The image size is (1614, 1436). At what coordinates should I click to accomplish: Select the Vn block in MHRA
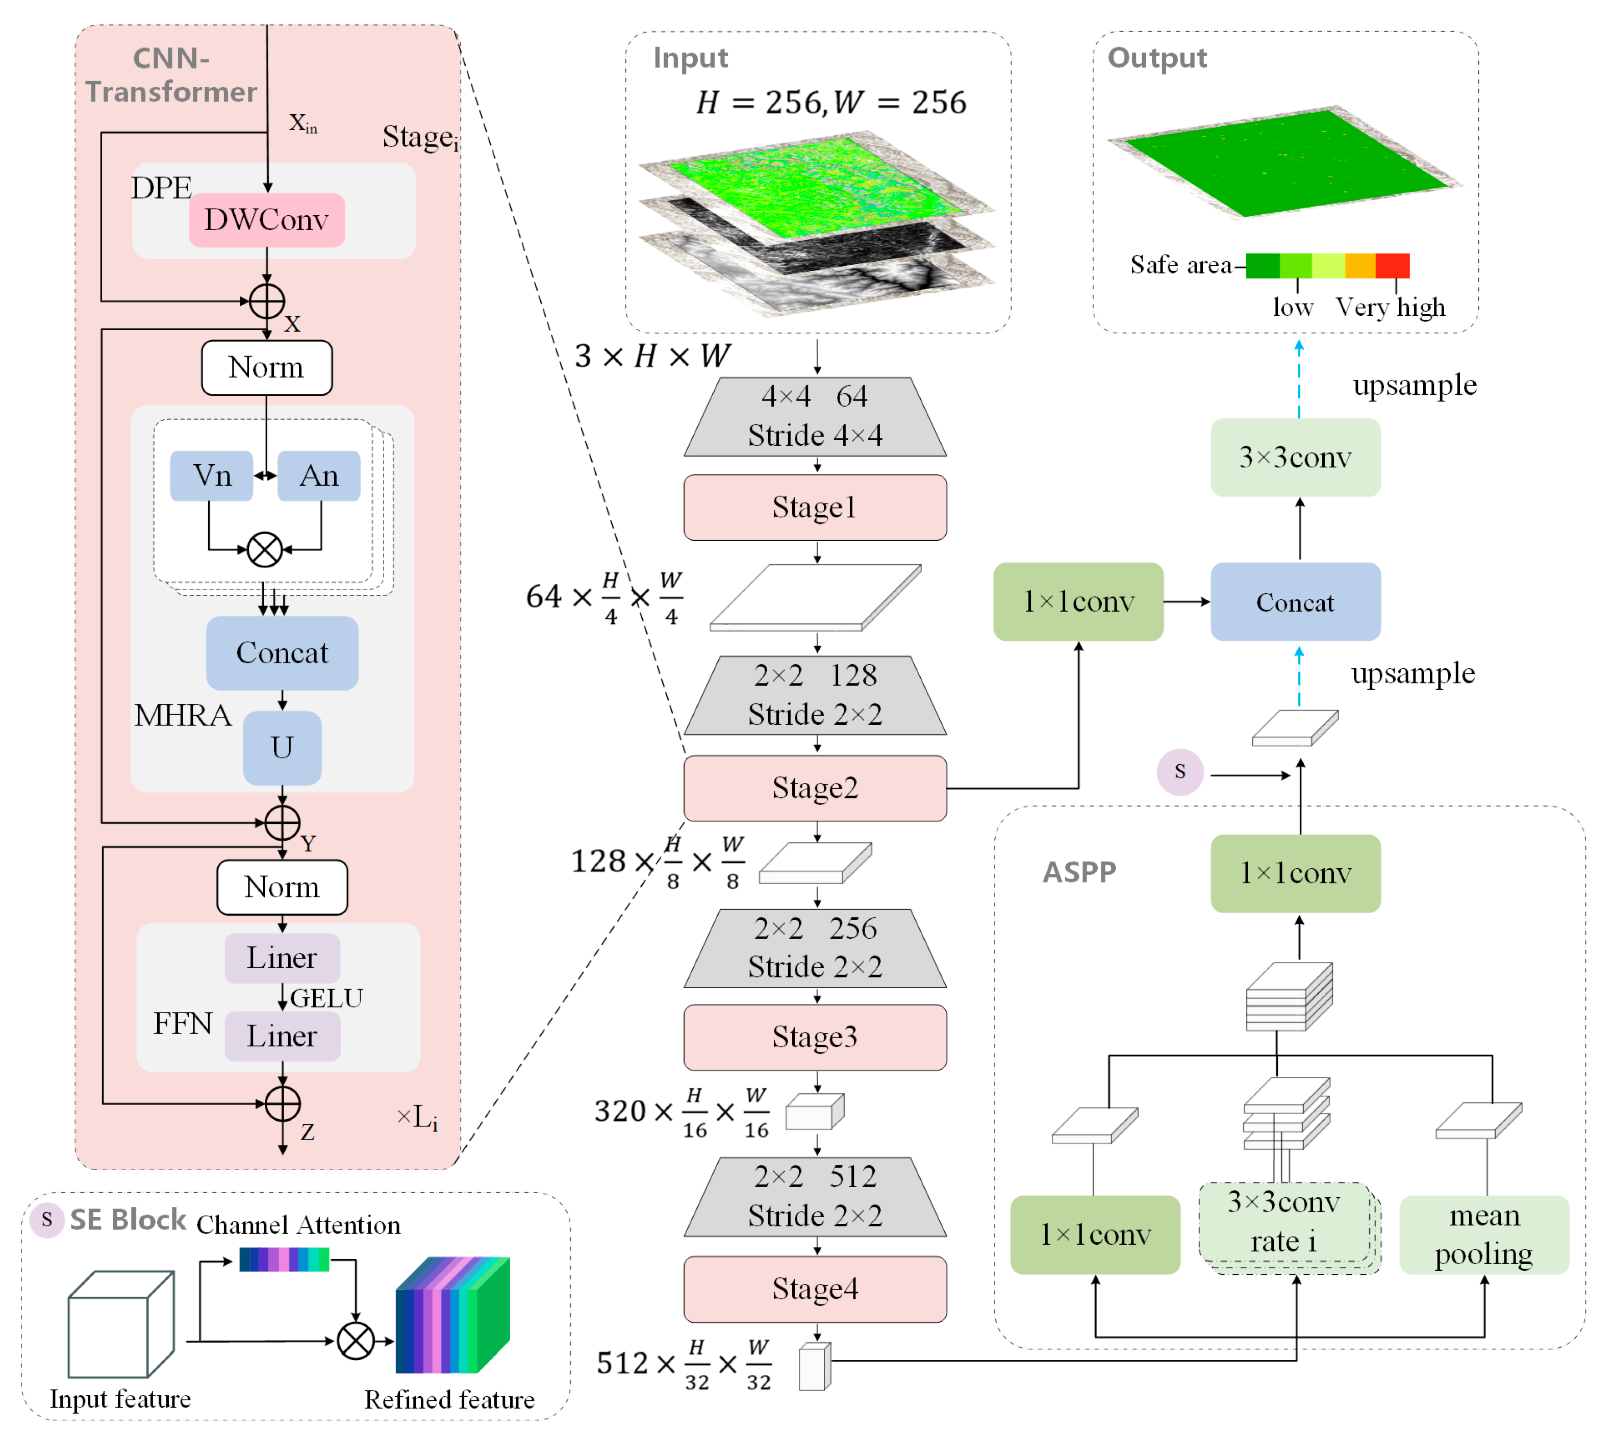click(x=212, y=476)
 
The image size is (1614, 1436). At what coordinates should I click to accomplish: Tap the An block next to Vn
click(x=319, y=476)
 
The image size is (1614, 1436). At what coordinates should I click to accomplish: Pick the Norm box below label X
click(x=267, y=368)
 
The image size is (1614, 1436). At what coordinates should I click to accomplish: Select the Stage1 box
click(x=815, y=508)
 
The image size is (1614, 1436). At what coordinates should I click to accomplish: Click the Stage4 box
click(x=815, y=1289)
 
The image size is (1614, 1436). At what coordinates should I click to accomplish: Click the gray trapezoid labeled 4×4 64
click(x=815, y=417)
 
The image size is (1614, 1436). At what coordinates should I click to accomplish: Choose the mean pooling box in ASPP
click(x=1484, y=1235)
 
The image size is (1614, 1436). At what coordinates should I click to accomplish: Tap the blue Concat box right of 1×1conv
click(x=1295, y=602)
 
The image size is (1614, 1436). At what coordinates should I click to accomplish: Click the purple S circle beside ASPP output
click(x=1180, y=771)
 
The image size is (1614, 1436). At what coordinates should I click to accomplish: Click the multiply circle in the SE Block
click(x=356, y=1341)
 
